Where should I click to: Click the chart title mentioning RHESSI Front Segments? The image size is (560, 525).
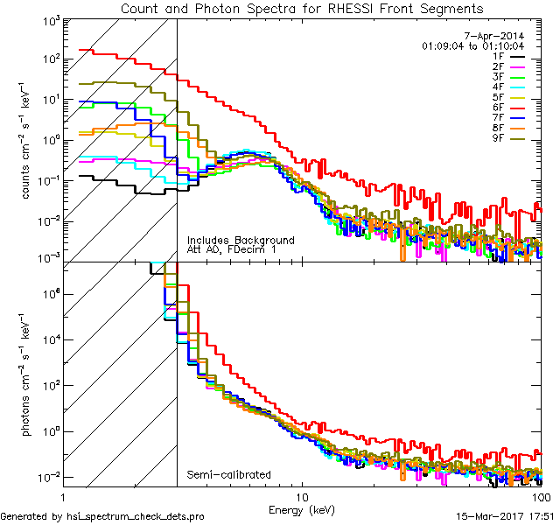click(x=301, y=8)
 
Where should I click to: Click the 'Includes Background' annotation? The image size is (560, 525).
click(x=241, y=240)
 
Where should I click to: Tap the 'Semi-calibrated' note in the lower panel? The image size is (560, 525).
click(x=228, y=475)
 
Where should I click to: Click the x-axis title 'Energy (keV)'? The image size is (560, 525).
click(x=300, y=509)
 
